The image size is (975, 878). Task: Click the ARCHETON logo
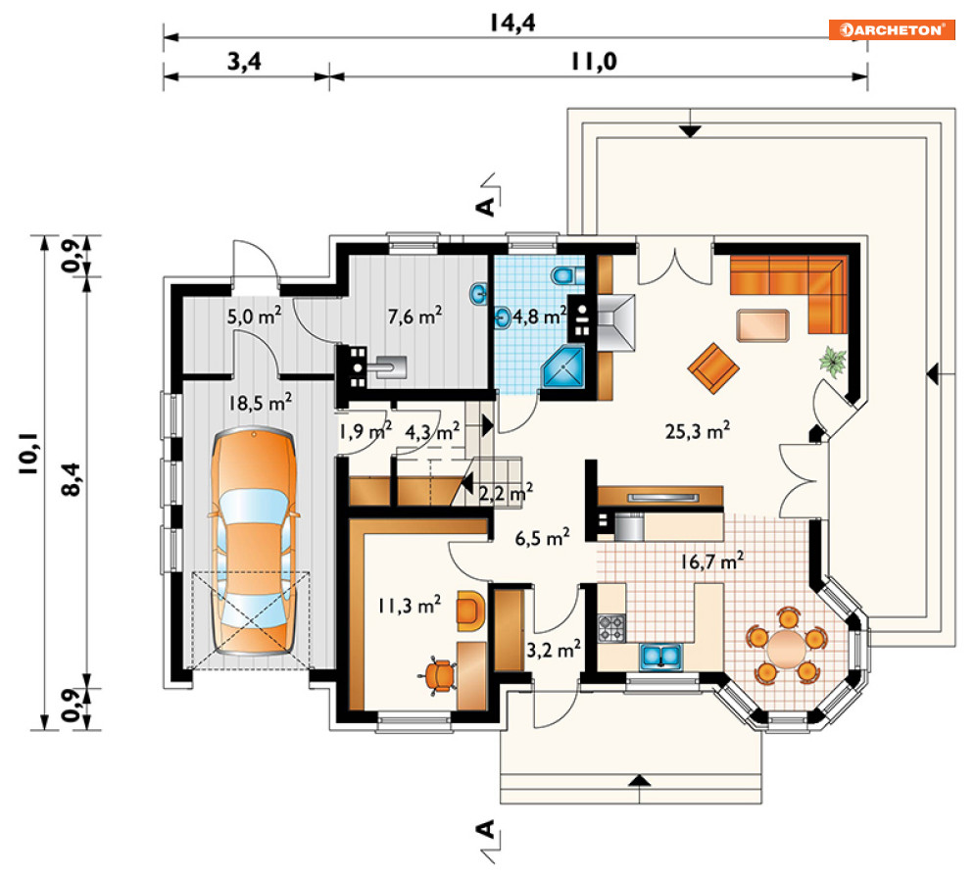click(x=892, y=29)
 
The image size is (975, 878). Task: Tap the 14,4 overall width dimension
click(x=512, y=23)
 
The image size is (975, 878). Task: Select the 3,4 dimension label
click(x=244, y=62)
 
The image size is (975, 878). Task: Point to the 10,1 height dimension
click(x=28, y=454)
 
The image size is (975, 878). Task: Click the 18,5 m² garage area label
click(x=260, y=403)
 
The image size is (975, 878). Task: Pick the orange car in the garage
click(x=254, y=540)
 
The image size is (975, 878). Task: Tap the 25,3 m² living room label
click(x=697, y=430)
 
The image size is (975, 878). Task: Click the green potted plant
click(x=833, y=360)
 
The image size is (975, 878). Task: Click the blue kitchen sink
click(x=661, y=657)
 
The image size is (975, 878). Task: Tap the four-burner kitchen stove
click(x=611, y=628)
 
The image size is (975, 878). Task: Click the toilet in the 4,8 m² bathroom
click(x=567, y=275)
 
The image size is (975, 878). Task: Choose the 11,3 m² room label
click(x=410, y=605)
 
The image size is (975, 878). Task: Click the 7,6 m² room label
click(x=414, y=317)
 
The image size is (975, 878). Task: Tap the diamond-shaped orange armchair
click(x=713, y=368)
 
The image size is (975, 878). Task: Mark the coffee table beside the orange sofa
click(x=763, y=325)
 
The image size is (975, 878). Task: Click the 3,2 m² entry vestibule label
click(x=554, y=650)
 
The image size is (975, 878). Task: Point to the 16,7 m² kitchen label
click(x=711, y=561)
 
